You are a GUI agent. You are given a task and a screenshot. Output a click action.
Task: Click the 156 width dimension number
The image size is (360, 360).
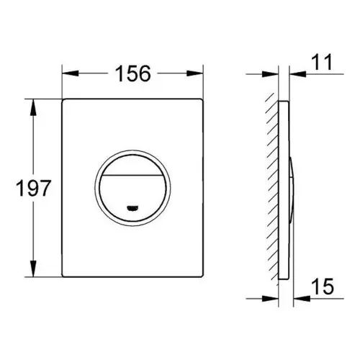[x=133, y=73]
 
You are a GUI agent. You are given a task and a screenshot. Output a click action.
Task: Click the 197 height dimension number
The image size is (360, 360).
[x=34, y=189]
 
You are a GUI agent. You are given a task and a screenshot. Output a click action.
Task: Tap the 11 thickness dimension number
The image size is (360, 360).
[x=323, y=62]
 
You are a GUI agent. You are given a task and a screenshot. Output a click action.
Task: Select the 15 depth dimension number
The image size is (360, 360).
[x=323, y=287]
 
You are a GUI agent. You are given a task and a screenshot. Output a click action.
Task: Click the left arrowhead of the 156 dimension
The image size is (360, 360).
[x=71, y=73]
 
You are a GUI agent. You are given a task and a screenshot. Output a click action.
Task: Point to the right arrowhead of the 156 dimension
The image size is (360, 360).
[x=195, y=73]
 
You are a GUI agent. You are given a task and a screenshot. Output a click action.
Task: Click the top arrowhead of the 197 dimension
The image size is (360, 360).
[x=33, y=107]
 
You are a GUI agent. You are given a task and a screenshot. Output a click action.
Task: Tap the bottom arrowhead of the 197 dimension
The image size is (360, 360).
[x=33, y=269]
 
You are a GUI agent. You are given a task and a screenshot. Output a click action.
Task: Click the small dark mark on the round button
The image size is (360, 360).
[x=132, y=208]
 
